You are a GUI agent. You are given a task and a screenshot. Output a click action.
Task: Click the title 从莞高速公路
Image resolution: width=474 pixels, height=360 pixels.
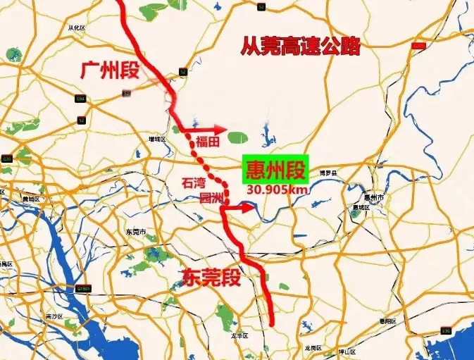point(301,46)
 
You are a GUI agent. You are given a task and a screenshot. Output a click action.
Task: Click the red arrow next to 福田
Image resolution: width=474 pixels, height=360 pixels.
point(214,130)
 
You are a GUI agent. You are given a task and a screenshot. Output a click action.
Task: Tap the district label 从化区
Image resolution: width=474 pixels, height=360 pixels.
point(76,28)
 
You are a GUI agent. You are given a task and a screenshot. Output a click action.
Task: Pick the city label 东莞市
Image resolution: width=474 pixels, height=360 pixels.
point(135,232)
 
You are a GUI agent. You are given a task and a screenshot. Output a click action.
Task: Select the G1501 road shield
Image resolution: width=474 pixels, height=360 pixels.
point(85,287)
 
